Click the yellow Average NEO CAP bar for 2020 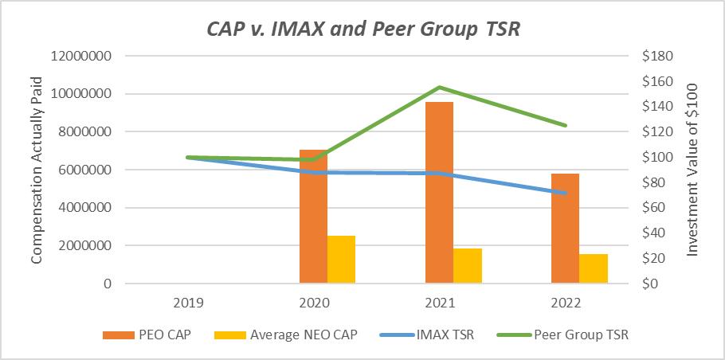pos(342,260)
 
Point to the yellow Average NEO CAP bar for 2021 pos(468,266)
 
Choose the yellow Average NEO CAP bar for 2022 pos(594,269)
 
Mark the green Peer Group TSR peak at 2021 pos(440,87)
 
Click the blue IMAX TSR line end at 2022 pos(566,193)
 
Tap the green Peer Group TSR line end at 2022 pos(566,125)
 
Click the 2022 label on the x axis pos(566,303)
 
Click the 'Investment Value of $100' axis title pos(692,170)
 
